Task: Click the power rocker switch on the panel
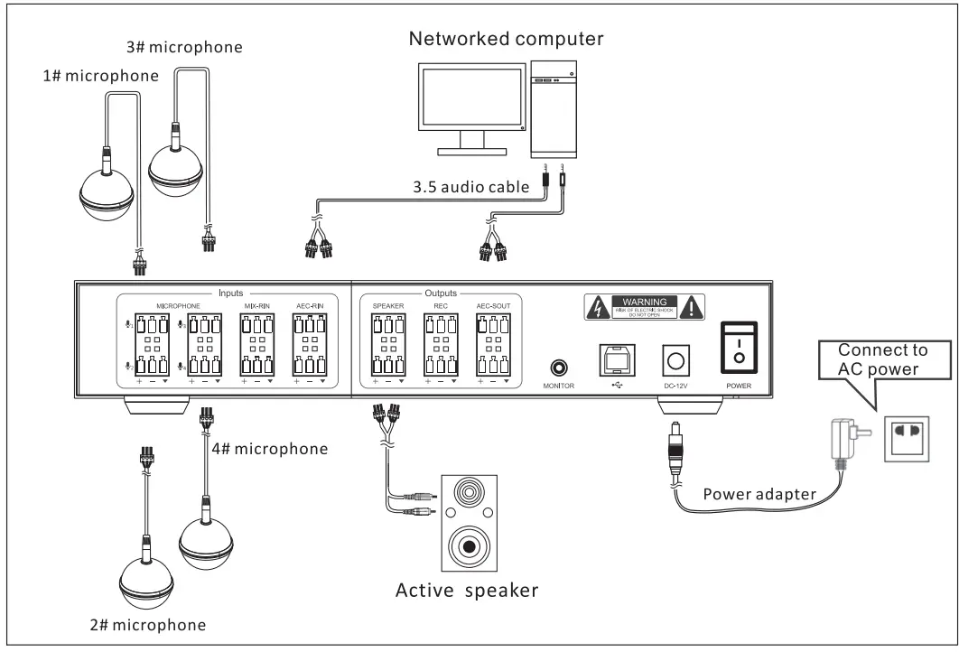739,348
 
